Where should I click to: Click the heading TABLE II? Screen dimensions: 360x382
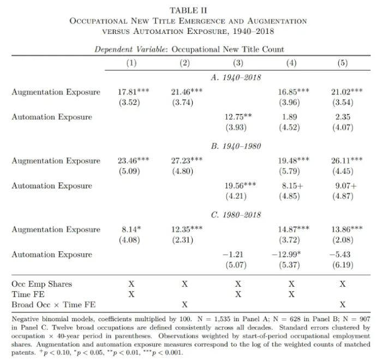188,10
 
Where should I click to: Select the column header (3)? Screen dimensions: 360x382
238,62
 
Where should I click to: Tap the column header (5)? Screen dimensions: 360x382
343,62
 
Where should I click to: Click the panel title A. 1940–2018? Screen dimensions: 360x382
238,77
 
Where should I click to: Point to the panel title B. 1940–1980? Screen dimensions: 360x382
238,146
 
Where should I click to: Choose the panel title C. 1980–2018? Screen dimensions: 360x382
238,215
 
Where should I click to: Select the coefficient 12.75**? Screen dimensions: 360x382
238,117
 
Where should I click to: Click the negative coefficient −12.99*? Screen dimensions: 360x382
290,254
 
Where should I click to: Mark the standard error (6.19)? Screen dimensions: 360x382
343,265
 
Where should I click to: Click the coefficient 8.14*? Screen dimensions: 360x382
131,229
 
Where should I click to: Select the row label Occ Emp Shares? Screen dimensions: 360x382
41,284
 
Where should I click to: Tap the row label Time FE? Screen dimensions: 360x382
28,294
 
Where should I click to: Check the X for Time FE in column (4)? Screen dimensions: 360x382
291,294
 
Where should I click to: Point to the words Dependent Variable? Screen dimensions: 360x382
131,49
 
